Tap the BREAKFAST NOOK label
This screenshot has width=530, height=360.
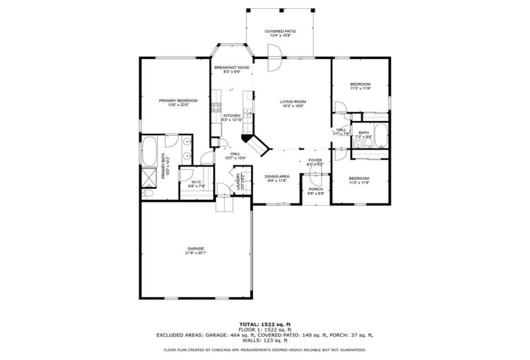point(232,67)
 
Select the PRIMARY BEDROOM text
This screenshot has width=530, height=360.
point(178,100)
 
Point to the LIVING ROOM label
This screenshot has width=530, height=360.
point(292,101)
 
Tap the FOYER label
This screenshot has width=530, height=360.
point(315,160)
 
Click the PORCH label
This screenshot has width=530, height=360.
point(315,189)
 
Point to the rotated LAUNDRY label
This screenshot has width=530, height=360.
point(237,180)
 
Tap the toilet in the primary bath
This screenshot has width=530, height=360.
point(147,192)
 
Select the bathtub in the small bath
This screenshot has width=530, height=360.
point(380,135)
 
